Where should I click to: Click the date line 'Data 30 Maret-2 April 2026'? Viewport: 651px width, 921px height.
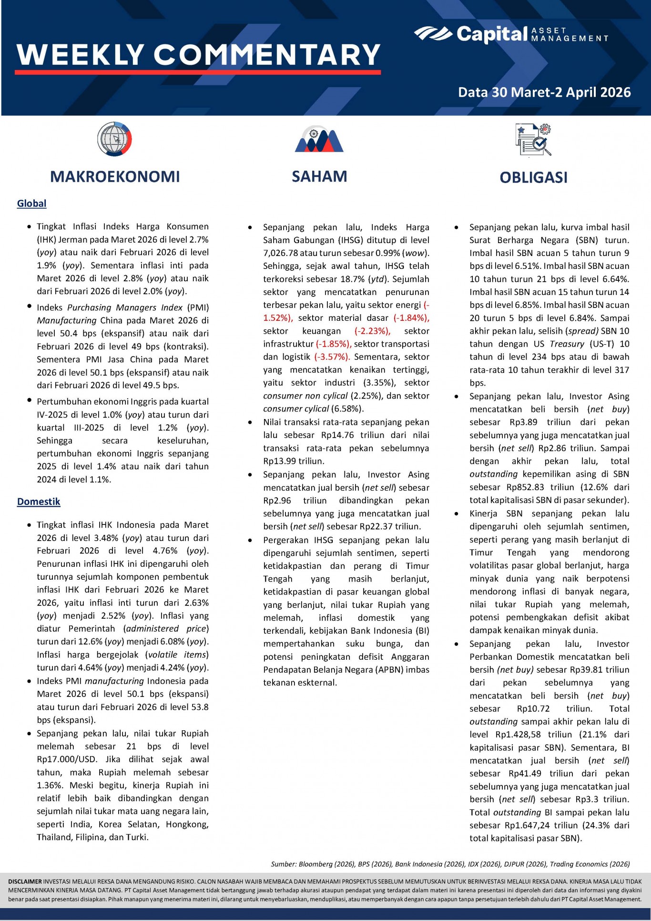pyautogui.click(x=544, y=92)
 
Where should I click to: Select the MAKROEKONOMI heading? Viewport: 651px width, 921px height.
pyautogui.click(x=115, y=177)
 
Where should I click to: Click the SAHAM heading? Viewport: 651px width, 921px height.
pyautogui.click(x=319, y=176)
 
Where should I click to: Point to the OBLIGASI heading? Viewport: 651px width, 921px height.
pyautogui.click(x=533, y=177)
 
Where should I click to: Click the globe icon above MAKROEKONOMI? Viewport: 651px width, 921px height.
pyautogui.click(x=114, y=139)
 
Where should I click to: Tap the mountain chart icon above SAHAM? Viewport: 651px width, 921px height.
pyautogui.click(x=319, y=140)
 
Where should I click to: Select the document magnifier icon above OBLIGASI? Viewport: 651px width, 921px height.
pyautogui.click(x=533, y=139)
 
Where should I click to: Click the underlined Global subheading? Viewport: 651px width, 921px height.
pyautogui.click(x=31, y=204)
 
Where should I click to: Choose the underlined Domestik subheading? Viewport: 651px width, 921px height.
pyautogui.click(x=39, y=501)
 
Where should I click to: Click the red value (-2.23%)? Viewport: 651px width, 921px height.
pyautogui.click(x=372, y=331)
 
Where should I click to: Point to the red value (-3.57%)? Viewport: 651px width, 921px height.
pyautogui.click(x=332, y=357)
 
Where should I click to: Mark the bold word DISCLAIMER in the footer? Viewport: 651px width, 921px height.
pyautogui.click(x=25, y=881)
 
